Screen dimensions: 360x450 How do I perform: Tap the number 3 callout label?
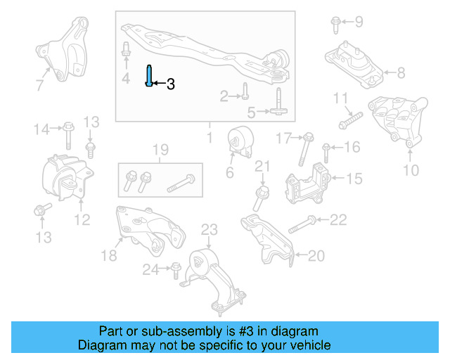170,84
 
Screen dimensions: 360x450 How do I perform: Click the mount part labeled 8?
353,64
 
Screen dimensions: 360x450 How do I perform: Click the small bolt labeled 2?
245,91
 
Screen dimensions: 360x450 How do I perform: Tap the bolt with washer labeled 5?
279,102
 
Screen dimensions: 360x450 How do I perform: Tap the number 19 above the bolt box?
160,149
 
